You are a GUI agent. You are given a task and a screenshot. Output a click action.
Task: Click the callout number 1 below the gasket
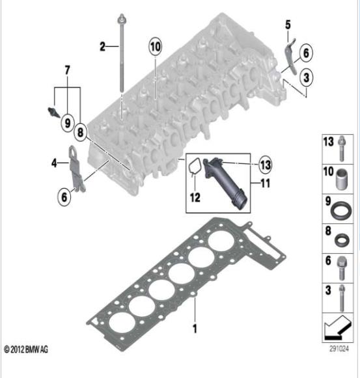[195, 329]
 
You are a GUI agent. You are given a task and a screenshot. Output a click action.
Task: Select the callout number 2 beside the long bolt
[103, 46]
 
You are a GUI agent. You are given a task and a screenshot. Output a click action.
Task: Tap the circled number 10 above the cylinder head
[155, 47]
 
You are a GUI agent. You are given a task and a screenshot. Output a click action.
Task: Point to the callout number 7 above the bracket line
[67, 70]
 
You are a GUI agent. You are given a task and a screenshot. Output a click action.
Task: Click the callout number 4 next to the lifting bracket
[54, 163]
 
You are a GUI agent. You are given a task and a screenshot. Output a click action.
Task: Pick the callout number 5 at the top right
[288, 25]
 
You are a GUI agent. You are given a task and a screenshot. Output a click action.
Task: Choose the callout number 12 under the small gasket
[195, 198]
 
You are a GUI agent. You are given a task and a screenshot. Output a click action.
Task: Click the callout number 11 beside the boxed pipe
[266, 183]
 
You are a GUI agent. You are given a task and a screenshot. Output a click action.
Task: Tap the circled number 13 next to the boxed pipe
[265, 165]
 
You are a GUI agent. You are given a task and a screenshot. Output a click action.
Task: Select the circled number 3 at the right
[306, 77]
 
